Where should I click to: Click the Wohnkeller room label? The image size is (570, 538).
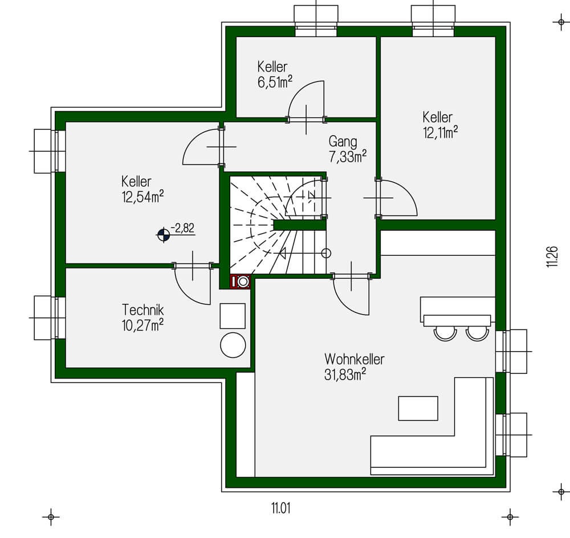pyautogui.click(x=354, y=360)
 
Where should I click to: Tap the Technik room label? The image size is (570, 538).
pyautogui.click(x=143, y=310)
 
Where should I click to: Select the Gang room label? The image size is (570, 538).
pyautogui.click(x=343, y=141)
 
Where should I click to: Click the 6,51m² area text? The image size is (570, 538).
pyautogui.click(x=275, y=82)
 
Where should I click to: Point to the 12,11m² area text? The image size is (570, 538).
pyautogui.click(x=440, y=133)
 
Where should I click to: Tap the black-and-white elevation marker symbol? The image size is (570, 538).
pyautogui.click(x=164, y=234)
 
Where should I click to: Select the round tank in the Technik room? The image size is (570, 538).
pyautogui.click(x=233, y=345)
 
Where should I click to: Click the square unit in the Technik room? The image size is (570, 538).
pyautogui.click(x=233, y=316)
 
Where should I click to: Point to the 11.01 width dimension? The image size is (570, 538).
pyautogui.click(x=280, y=507)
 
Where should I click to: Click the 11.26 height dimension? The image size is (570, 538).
pyautogui.click(x=551, y=256)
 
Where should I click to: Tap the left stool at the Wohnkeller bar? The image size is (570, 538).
pyautogui.click(x=444, y=332)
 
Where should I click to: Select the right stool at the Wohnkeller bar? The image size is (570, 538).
pyautogui.click(x=477, y=332)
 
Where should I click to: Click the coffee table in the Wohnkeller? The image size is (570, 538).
pyautogui.click(x=418, y=408)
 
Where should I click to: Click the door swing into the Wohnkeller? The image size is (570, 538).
pyautogui.click(x=352, y=295)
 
